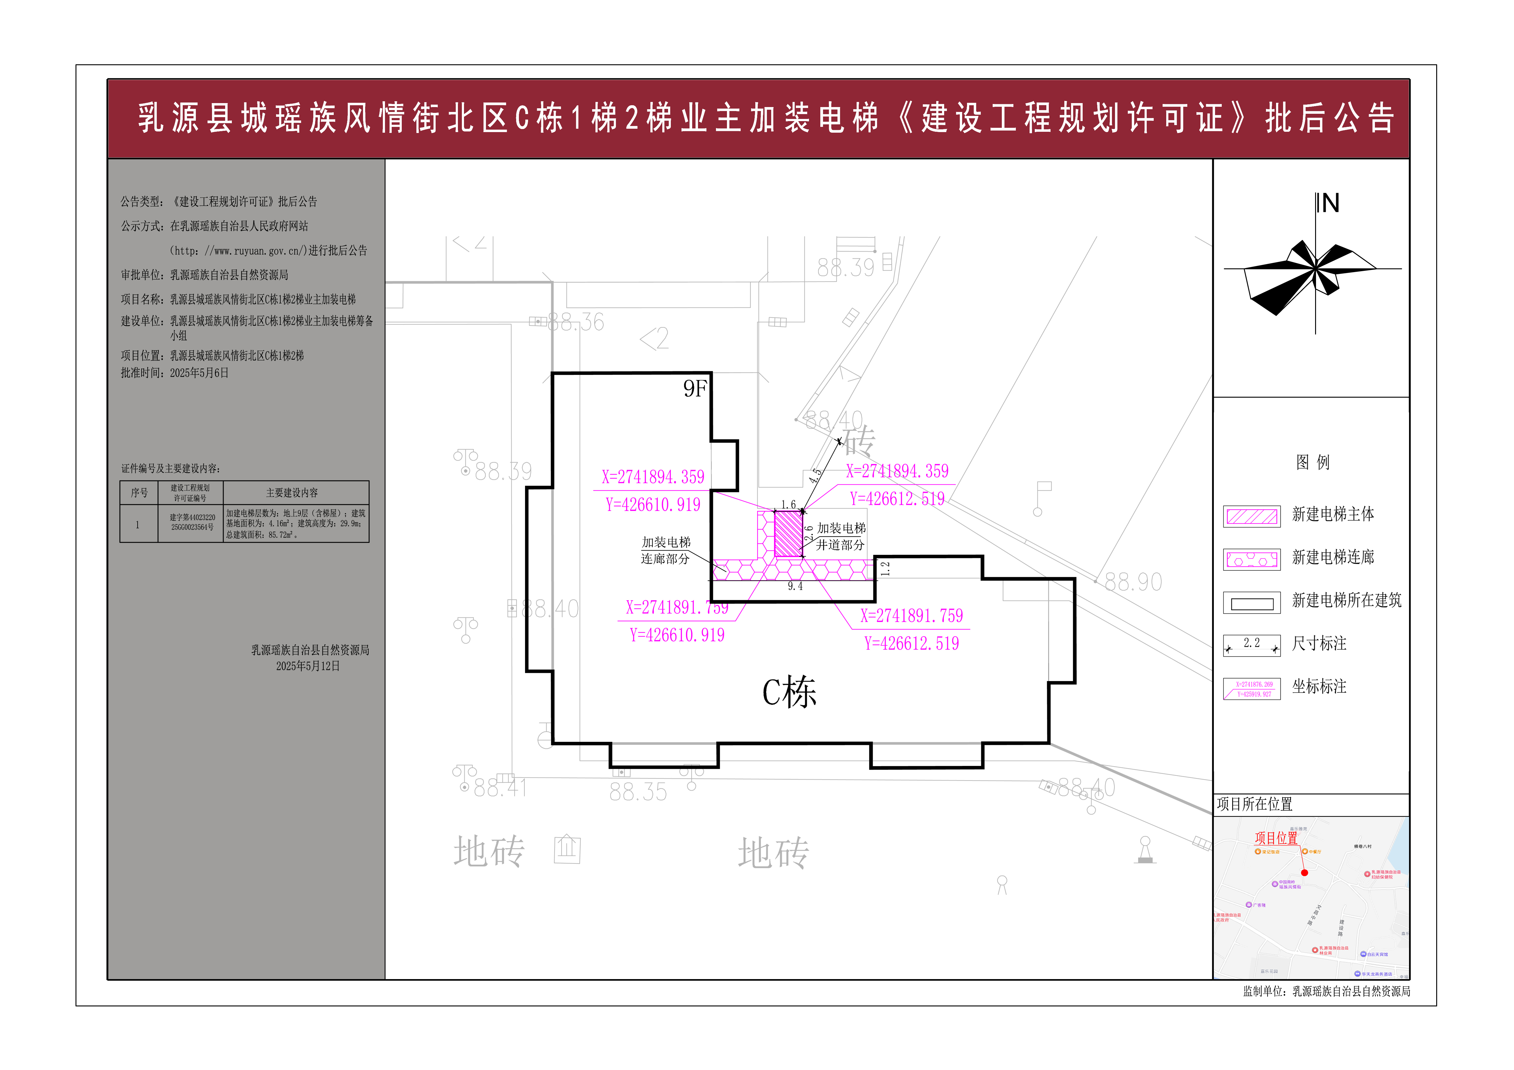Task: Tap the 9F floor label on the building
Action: (x=695, y=389)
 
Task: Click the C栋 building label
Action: (x=789, y=692)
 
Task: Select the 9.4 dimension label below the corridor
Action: (x=795, y=586)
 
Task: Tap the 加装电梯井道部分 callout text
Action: (x=841, y=537)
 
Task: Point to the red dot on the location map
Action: (x=1304, y=872)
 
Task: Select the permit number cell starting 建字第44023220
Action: (x=192, y=522)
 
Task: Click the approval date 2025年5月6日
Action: (x=199, y=373)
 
